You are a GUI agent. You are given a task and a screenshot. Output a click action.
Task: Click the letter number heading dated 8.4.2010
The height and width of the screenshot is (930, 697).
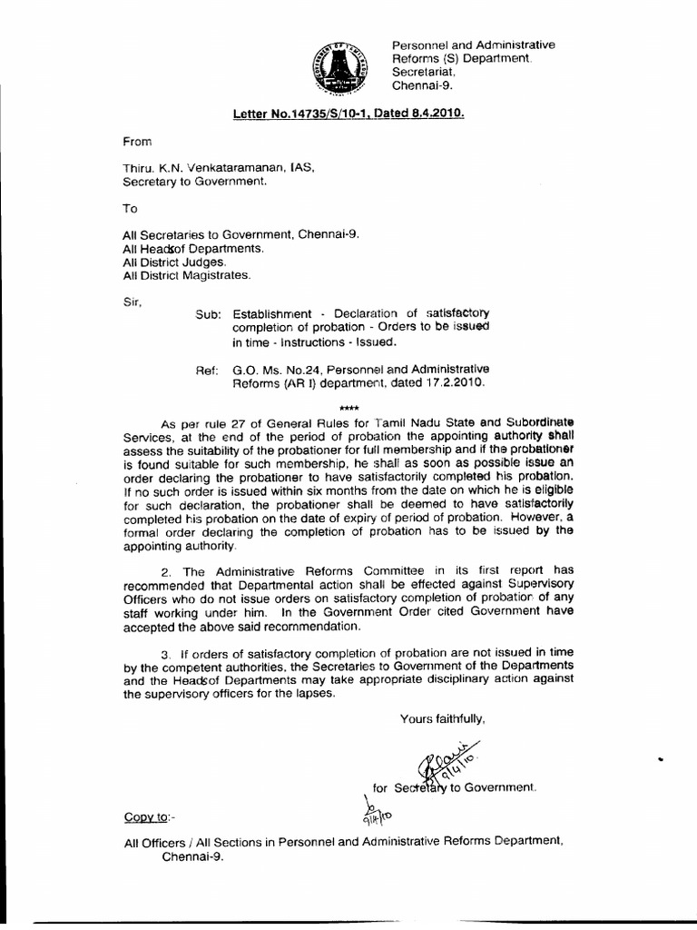click(348, 115)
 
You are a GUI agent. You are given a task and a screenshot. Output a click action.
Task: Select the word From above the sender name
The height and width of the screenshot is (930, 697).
click(138, 143)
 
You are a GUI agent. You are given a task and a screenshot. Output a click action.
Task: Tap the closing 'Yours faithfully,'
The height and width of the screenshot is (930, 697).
click(443, 718)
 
